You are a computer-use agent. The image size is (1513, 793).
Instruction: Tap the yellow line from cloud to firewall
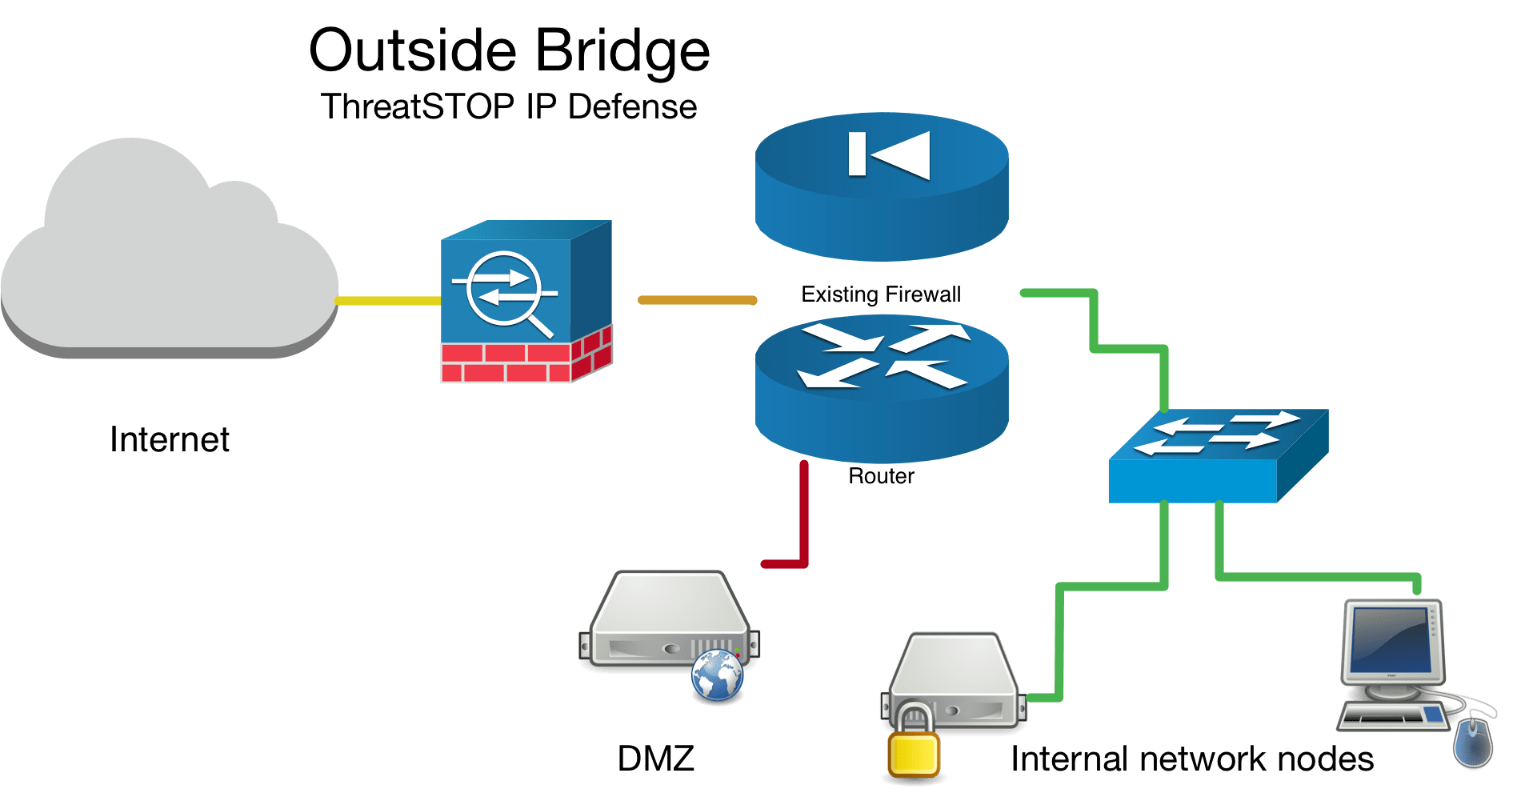point(388,301)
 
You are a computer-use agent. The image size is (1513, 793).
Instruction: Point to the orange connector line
point(697,300)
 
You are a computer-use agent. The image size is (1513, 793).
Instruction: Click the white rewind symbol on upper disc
point(889,154)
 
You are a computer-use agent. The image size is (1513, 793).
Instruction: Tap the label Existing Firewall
point(881,294)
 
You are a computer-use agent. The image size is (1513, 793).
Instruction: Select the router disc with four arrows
point(881,384)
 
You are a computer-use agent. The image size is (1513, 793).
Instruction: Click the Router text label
point(881,476)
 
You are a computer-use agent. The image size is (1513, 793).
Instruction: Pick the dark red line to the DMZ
point(803,520)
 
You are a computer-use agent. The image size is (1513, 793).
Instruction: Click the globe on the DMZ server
point(718,676)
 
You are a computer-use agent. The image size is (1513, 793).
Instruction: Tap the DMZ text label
point(656,758)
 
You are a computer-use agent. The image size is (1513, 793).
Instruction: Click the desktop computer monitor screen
point(1389,641)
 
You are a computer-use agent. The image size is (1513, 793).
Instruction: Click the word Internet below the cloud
point(170,439)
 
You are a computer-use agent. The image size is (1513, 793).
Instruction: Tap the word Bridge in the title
point(622,52)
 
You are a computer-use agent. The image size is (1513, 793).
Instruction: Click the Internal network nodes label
point(1192,759)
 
